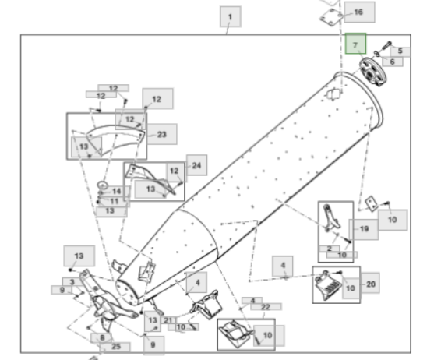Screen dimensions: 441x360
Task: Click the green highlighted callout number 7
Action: pos(355,44)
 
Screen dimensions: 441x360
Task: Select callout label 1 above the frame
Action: pos(231,17)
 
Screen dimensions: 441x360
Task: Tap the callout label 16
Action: pos(359,12)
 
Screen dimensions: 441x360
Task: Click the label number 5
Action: pos(400,51)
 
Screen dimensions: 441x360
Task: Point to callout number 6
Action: pos(393,62)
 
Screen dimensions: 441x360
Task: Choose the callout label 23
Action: pos(162,134)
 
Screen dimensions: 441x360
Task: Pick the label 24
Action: pos(196,165)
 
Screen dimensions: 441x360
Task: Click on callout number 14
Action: pos(116,191)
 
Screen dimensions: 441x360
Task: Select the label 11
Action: pos(115,201)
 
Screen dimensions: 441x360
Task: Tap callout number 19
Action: pos(364,229)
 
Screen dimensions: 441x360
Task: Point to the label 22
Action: pos(266,307)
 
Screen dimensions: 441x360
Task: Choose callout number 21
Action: pos(168,320)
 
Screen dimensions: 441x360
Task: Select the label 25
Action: pos(116,347)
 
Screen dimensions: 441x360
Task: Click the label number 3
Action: pos(72,281)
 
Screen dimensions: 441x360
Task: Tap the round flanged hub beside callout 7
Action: pos(373,72)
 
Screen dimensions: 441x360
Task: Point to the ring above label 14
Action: pos(103,185)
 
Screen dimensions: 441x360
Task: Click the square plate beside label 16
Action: pos(331,17)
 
